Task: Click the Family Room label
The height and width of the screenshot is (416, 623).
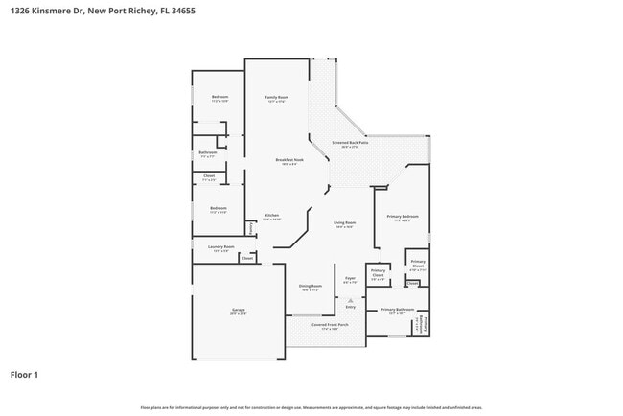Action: coord(277,99)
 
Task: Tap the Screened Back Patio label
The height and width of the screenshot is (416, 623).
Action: coord(351,145)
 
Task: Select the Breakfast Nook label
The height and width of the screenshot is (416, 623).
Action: coord(289,161)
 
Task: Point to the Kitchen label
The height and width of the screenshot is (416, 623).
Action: coord(272,217)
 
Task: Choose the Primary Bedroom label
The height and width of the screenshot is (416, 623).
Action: coord(403,218)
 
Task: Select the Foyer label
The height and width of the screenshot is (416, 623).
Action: coord(350,280)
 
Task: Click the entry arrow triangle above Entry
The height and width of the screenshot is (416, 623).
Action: coord(350,300)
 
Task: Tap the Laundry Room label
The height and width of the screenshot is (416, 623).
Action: coord(219,248)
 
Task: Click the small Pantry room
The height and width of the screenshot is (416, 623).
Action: coord(250,228)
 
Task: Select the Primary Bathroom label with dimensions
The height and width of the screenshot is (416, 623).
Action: coord(397,311)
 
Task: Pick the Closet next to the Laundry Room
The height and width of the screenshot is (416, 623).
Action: coord(246,258)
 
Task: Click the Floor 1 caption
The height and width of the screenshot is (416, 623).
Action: coord(24,374)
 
